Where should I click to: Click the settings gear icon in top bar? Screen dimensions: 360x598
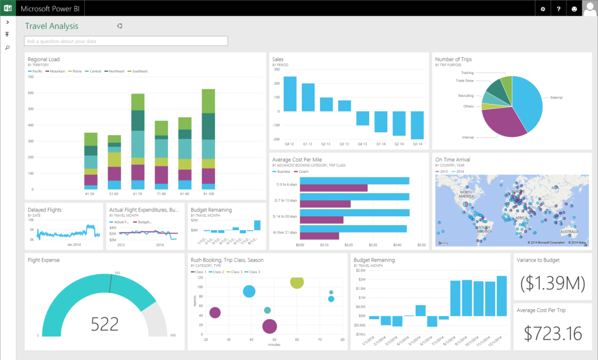tap(543, 9)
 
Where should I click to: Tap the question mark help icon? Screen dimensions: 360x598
tap(559, 9)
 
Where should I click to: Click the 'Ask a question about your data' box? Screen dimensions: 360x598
tap(126, 41)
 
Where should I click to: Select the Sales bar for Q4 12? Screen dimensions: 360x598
tap(290, 94)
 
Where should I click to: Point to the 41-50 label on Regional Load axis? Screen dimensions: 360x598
tap(91, 193)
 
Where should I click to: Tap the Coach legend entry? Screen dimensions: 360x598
tap(303, 172)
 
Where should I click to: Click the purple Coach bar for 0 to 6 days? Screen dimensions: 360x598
tap(333, 188)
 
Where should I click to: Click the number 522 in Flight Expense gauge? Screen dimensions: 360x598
tap(105, 323)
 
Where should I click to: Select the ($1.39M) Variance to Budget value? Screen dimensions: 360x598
tap(552, 283)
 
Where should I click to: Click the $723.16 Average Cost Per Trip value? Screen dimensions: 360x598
tap(552, 333)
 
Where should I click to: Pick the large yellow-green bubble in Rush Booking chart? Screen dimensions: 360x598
tap(297, 282)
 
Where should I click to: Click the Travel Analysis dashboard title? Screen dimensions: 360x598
tap(51, 26)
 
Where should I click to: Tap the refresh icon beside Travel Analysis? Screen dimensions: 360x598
tap(120, 26)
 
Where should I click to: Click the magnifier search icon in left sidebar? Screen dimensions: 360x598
tap(8, 47)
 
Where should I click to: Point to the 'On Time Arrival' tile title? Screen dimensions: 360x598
tap(453, 160)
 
